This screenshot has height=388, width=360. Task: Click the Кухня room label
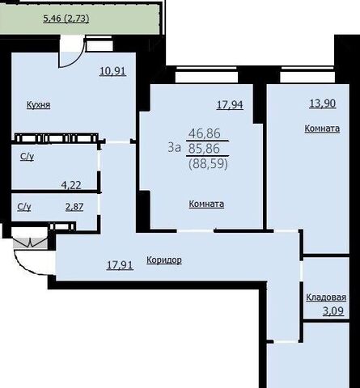pyautogui.click(x=38, y=104)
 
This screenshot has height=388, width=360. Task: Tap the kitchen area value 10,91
pyautogui.click(x=112, y=71)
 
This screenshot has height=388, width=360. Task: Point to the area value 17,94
pyautogui.click(x=230, y=104)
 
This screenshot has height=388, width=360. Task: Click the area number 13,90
pyautogui.click(x=323, y=103)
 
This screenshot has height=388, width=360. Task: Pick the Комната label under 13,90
pyautogui.click(x=322, y=129)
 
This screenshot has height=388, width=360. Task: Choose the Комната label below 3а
pyautogui.click(x=206, y=204)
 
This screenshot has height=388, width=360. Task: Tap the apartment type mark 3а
pyautogui.click(x=174, y=148)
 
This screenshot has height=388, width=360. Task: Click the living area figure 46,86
pyautogui.click(x=205, y=133)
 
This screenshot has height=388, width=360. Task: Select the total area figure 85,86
pyautogui.click(x=204, y=149)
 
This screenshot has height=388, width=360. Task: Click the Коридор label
pyautogui.click(x=164, y=260)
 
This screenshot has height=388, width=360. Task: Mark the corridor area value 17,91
pyautogui.click(x=120, y=265)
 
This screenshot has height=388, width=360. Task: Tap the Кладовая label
pyautogui.click(x=326, y=297)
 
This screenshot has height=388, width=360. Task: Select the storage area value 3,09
pyautogui.click(x=333, y=311)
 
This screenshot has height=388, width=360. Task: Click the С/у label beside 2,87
pyautogui.click(x=24, y=207)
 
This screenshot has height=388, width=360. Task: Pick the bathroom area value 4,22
pyautogui.click(x=71, y=185)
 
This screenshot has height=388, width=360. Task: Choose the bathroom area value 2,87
pyautogui.click(x=74, y=207)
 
